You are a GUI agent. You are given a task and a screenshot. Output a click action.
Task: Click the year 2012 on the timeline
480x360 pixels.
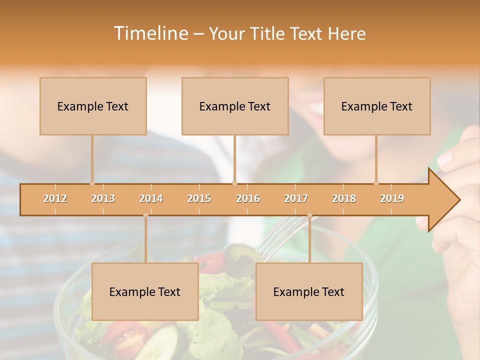click(55, 198)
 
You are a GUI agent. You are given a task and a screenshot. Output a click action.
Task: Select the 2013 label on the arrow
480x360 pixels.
click(103, 198)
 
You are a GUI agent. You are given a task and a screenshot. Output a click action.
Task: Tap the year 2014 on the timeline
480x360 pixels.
click(151, 198)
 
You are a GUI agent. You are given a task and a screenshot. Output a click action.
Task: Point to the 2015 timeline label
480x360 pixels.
click(199, 198)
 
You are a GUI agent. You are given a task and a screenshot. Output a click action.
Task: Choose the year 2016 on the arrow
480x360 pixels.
click(248, 198)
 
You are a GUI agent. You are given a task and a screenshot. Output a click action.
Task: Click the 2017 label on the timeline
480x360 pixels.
click(296, 198)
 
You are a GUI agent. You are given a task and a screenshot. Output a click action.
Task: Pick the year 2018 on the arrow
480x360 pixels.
click(344, 198)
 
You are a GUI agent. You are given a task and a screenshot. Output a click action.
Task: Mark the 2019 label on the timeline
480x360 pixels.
click(392, 198)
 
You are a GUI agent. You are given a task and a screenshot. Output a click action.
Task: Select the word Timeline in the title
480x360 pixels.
click(150, 33)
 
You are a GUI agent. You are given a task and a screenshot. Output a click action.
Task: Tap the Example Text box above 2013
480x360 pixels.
click(93, 106)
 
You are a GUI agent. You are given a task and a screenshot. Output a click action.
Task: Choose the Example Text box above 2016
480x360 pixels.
click(235, 106)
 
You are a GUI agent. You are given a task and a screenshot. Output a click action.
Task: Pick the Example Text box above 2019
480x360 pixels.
click(377, 106)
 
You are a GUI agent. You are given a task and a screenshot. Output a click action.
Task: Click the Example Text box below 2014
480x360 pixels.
click(145, 291)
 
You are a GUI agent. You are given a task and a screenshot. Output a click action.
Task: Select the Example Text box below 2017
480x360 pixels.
click(309, 291)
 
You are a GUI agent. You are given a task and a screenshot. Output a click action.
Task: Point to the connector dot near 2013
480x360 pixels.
click(92, 183)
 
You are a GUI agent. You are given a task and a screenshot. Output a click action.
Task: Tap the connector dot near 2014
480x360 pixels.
click(145, 215)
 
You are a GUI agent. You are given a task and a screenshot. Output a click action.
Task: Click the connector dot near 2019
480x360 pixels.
click(376, 183)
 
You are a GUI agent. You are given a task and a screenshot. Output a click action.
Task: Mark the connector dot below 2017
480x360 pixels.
click(309, 215)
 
